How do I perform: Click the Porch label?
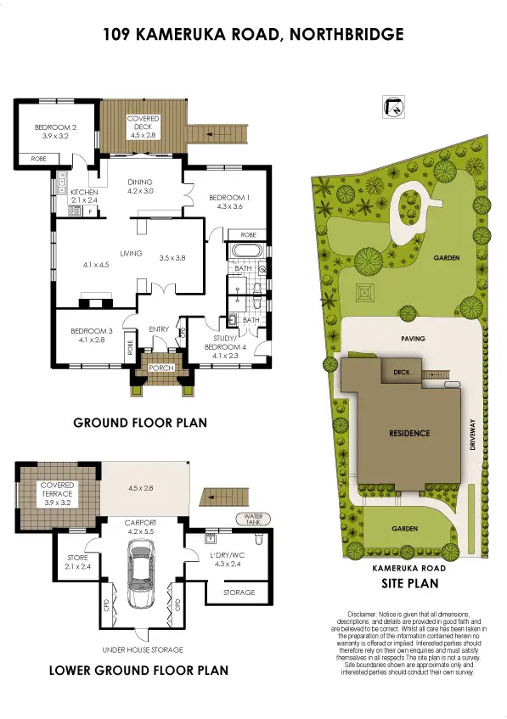pyautogui.click(x=161, y=368)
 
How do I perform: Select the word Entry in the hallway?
pyautogui.click(x=159, y=329)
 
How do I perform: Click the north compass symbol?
pyautogui.click(x=393, y=106)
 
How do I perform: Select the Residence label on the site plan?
pyautogui.click(x=409, y=433)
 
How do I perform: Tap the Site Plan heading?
pyautogui.click(x=409, y=584)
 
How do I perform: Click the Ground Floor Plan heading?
pyautogui.click(x=139, y=423)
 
